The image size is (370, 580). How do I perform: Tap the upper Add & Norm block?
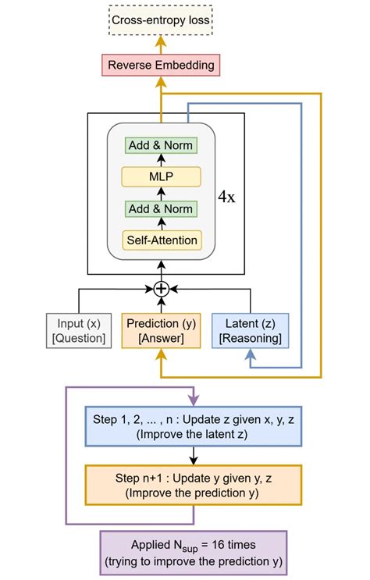[x=160, y=145]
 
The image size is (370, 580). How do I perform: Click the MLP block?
[x=160, y=176]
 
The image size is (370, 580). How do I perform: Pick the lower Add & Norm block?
[x=160, y=208]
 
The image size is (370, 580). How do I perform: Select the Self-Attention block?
[x=160, y=240]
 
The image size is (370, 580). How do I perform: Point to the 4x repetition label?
[x=226, y=196]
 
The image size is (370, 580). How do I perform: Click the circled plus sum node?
[x=161, y=289]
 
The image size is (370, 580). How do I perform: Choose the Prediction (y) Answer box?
[x=160, y=330]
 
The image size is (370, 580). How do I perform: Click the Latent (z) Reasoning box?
[x=250, y=330]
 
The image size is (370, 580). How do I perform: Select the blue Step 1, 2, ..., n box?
[x=192, y=425]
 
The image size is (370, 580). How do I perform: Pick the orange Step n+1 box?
[x=192, y=484]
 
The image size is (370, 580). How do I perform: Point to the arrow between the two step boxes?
[x=192, y=455]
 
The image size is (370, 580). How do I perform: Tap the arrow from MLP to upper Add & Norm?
[x=160, y=161]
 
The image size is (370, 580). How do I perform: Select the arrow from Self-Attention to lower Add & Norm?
[x=160, y=224]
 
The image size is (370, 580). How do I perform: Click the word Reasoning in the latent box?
[x=250, y=338]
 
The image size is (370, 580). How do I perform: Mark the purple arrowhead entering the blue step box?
[x=192, y=400]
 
